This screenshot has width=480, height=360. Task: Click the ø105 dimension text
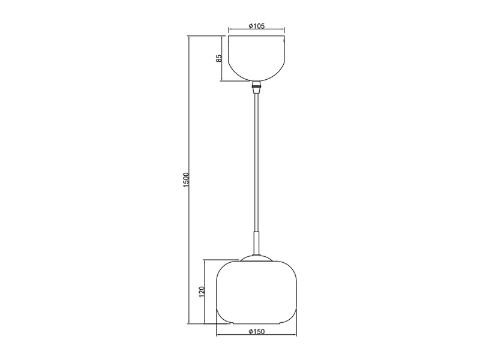click(x=256, y=27)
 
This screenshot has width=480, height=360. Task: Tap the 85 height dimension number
click(x=219, y=58)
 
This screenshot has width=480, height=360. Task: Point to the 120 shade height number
click(x=202, y=292)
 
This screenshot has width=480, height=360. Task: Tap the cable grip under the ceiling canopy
click(x=257, y=86)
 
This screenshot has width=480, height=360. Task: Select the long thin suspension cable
click(x=257, y=162)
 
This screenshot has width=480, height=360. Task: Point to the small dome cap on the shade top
click(x=256, y=258)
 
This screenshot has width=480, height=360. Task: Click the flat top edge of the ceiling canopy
click(x=256, y=37)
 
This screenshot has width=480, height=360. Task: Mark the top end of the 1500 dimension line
click(x=190, y=37)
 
